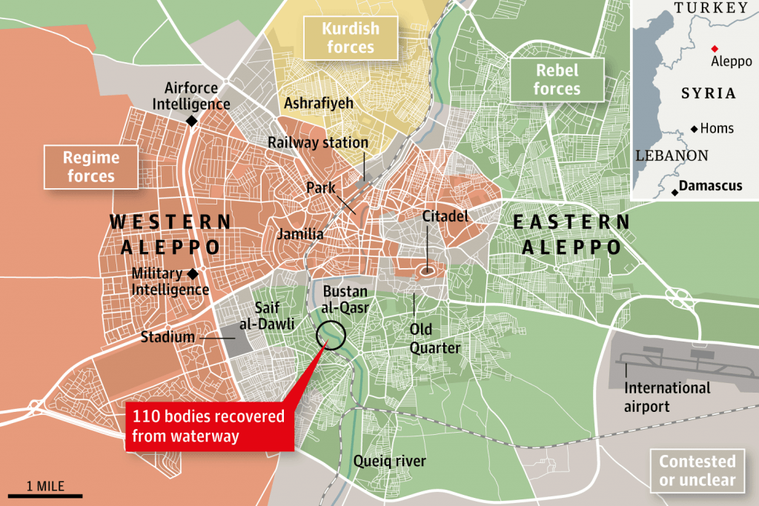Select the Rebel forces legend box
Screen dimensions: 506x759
coord(557,80)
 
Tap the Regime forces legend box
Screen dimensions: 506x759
coord(91,167)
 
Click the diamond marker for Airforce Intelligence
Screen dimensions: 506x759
coord(191,121)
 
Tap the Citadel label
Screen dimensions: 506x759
coord(445,217)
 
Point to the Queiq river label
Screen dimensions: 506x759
coord(390,462)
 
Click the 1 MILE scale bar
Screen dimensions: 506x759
coord(45,494)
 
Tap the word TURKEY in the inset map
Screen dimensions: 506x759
coord(711,8)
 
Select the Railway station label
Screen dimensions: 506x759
coord(318,142)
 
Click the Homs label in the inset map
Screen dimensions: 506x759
coord(717,128)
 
